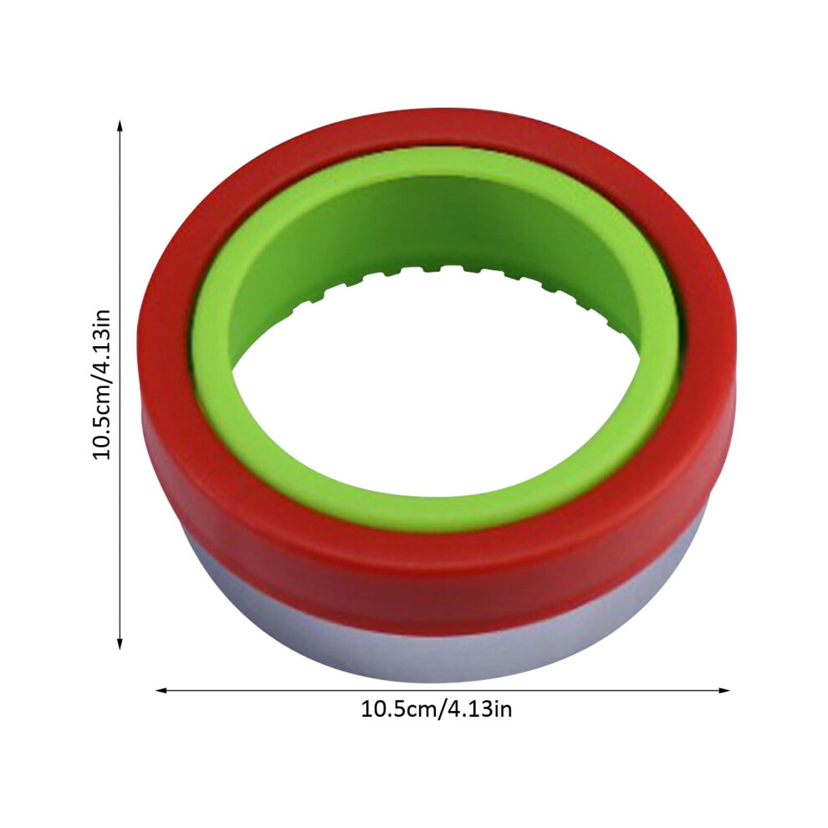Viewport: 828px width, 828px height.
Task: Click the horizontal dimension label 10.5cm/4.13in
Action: pos(437,708)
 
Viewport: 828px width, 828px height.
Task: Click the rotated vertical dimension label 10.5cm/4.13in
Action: pos(101,384)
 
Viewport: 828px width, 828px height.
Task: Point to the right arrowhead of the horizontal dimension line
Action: pos(724,690)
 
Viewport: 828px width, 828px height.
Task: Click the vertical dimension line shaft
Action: pos(120,385)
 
